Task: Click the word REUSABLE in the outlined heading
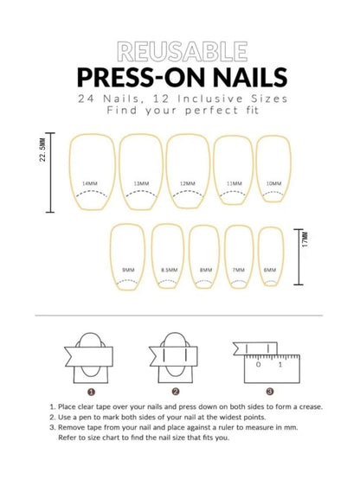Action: tap(179, 49)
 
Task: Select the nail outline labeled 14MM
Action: tap(89, 172)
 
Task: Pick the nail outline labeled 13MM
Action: tap(139, 172)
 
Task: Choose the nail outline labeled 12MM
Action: tap(188, 172)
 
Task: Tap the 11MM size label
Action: tap(234, 183)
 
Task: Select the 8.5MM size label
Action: tap(169, 270)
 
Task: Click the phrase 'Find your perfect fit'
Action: tap(179, 112)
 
